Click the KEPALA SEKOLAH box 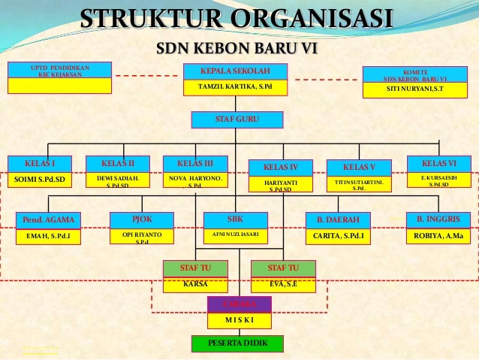(x=236, y=71)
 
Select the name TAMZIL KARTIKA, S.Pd (x=236, y=87)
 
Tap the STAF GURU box (x=237, y=120)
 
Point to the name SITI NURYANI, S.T (x=414, y=89)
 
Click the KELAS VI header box (x=438, y=163)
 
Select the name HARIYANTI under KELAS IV (x=281, y=185)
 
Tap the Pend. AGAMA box (x=49, y=219)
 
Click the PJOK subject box (x=142, y=219)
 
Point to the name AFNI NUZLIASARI (x=235, y=234)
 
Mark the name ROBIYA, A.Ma (x=438, y=236)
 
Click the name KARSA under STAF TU (x=195, y=285)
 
